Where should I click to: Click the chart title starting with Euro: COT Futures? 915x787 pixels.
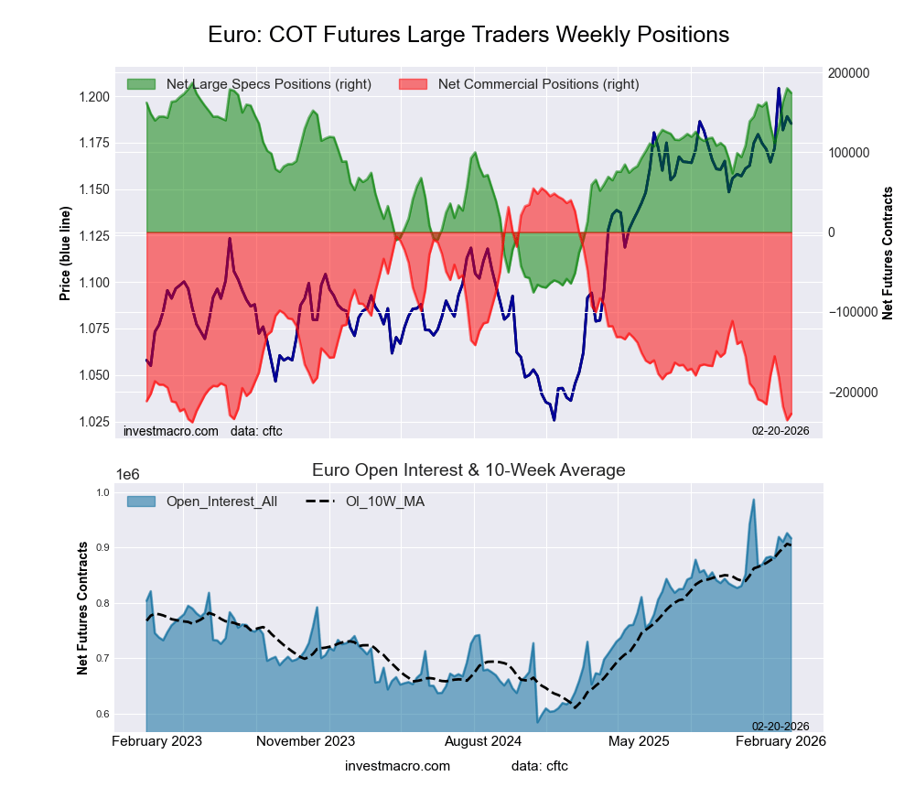click(x=468, y=35)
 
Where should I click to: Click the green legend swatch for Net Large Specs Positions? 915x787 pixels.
click(x=141, y=84)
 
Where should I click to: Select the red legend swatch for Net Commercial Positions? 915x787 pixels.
click(x=414, y=84)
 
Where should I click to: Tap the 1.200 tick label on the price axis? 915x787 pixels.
click(x=95, y=97)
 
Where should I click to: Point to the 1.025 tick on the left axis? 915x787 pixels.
click(x=95, y=422)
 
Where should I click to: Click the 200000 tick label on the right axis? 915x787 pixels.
click(x=847, y=73)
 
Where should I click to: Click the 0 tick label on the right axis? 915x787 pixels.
click(x=832, y=232)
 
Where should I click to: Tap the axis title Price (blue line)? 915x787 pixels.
click(x=65, y=253)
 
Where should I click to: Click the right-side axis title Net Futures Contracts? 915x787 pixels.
click(x=887, y=253)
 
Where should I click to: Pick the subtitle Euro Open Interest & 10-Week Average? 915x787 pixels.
click(x=468, y=470)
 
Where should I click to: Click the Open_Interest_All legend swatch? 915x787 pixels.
click(x=141, y=501)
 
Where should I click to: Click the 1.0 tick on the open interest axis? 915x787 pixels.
click(x=102, y=492)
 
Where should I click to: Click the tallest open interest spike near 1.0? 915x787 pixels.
click(x=753, y=501)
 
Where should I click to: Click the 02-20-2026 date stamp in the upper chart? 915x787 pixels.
click(x=773, y=430)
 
